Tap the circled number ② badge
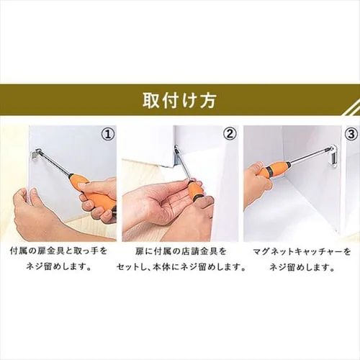coord(229,134)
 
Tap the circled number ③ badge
coord(351,134)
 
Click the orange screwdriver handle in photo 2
coord(195,192)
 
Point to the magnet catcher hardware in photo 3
coord(332,154)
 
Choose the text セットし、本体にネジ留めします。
coord(180,268)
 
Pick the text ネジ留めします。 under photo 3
coord(302,268)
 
